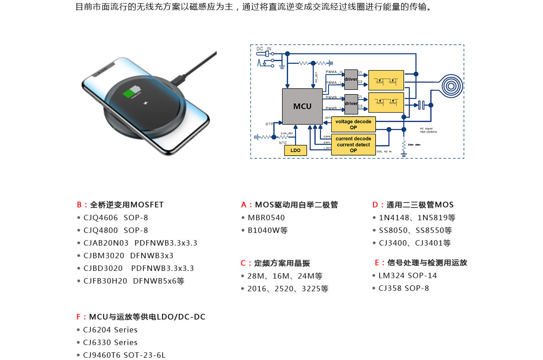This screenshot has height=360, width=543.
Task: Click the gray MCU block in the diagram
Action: pyautogui.click(x=302, y=106)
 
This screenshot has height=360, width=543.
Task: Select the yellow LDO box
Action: pyautogui.click(x=295, y=150)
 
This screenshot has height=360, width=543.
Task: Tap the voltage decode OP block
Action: pyautogui.click(x=353, y=124)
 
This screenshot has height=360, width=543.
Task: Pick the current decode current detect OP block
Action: pyautogui.click(x=353, y=145)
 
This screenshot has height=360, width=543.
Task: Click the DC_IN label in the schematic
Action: pyautogui.click(x=264, y=48)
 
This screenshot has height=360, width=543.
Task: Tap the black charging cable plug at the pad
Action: pyautogui.click(x=180, y=78)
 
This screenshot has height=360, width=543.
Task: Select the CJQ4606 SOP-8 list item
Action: pyautogui.click(x=116, y=218)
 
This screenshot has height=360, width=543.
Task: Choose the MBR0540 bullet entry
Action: pyautogui.click(x=266, y=218)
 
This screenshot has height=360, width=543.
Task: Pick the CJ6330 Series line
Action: pyautogui.click(x=110, y=342)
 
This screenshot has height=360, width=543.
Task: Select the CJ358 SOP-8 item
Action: pyautogui.click(x=404, y=288)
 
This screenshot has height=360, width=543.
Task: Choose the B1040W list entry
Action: pyautogui.click(x=267, y=230)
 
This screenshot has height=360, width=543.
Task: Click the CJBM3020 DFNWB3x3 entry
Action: pyautogui.click(x=129, y=256)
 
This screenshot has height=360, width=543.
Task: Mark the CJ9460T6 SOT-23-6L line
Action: pyautogui.click(x=124, y=355)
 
